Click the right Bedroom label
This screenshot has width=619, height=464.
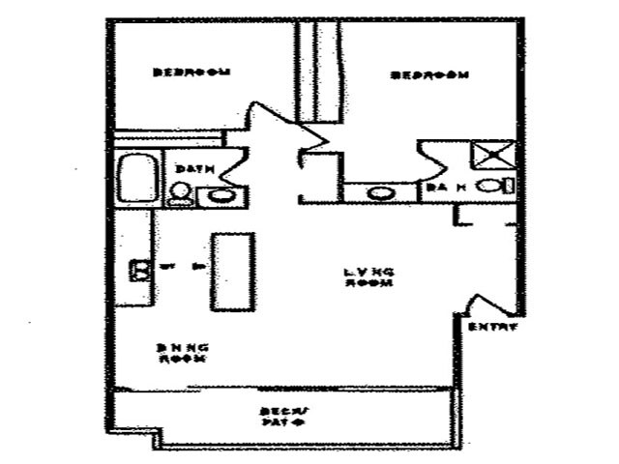(x=429, y=74)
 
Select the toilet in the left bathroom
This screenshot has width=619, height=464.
(x=179, y=194)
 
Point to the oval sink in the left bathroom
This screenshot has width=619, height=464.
(x=221, y=196)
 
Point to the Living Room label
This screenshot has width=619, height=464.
(x=369, y=277)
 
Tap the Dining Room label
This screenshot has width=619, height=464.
(x=183, y=353)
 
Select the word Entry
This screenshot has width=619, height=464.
(x=493, y=327)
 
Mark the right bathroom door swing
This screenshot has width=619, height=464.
(x=433, y=159)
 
